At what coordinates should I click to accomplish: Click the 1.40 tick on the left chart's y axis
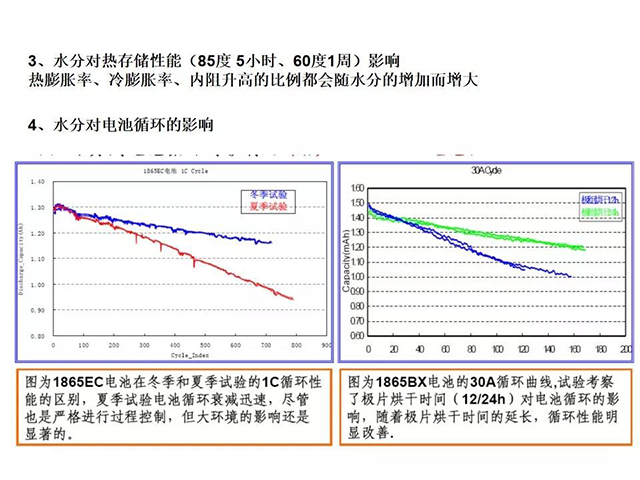coord(39,182)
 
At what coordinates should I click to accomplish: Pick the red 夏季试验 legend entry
coord(264,205)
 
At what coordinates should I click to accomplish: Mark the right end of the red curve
coord(293,298)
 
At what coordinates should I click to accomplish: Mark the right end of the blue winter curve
coord(271,242)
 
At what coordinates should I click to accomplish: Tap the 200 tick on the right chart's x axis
coord(625,350)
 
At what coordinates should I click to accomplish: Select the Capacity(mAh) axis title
coord(349,264)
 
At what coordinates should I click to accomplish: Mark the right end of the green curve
coord(584,247)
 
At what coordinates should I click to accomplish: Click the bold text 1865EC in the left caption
coord(81,383)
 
